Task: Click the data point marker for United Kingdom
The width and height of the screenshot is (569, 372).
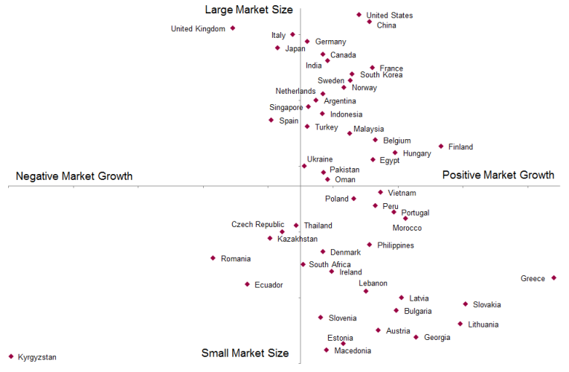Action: (x=233, y=28)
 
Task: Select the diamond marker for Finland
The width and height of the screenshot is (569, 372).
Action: (x=441, y=147)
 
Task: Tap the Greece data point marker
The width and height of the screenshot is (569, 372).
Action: (x=554, y=278)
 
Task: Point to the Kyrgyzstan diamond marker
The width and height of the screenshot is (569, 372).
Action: (x=11, y=356)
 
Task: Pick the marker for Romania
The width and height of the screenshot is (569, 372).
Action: (x=213, y=258)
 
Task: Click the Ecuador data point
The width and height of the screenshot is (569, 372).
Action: (x=248, y=284)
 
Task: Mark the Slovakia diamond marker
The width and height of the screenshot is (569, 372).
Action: (x=466, y=304)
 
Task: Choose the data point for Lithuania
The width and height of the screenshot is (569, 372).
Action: (x=460, y=324)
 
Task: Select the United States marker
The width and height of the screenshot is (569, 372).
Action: (x=359, y=14)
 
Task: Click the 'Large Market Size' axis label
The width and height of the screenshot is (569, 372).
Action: (x=249, y=10)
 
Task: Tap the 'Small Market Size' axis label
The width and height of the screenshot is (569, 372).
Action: (x=245, y=353)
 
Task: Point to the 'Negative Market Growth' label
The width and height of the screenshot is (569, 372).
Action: (x=74, y=176)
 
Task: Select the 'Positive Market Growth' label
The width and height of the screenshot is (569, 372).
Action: (x=498, y=176)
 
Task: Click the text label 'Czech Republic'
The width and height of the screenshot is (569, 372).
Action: (x=257, y=225)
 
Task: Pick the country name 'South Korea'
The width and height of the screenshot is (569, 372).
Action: (x=382, y=74)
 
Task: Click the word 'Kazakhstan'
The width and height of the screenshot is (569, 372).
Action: (x=298, y=239)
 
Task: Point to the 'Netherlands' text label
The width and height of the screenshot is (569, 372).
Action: (x=295, y=92)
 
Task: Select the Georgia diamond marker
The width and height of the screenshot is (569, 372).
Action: (x=417, y=337)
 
